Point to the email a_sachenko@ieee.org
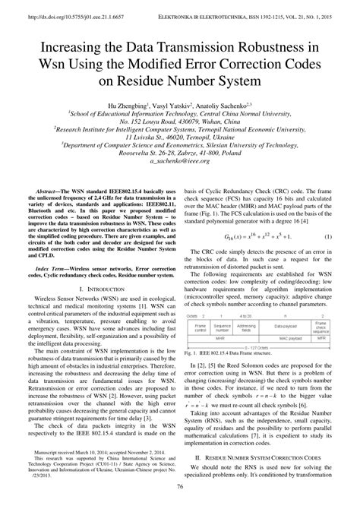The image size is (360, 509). tap(179, 161)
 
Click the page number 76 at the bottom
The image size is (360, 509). tap(179, 501)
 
